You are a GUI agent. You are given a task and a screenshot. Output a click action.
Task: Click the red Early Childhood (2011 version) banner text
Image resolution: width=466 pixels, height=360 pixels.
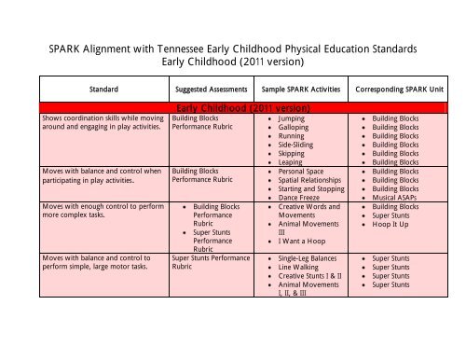coord(242,108)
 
